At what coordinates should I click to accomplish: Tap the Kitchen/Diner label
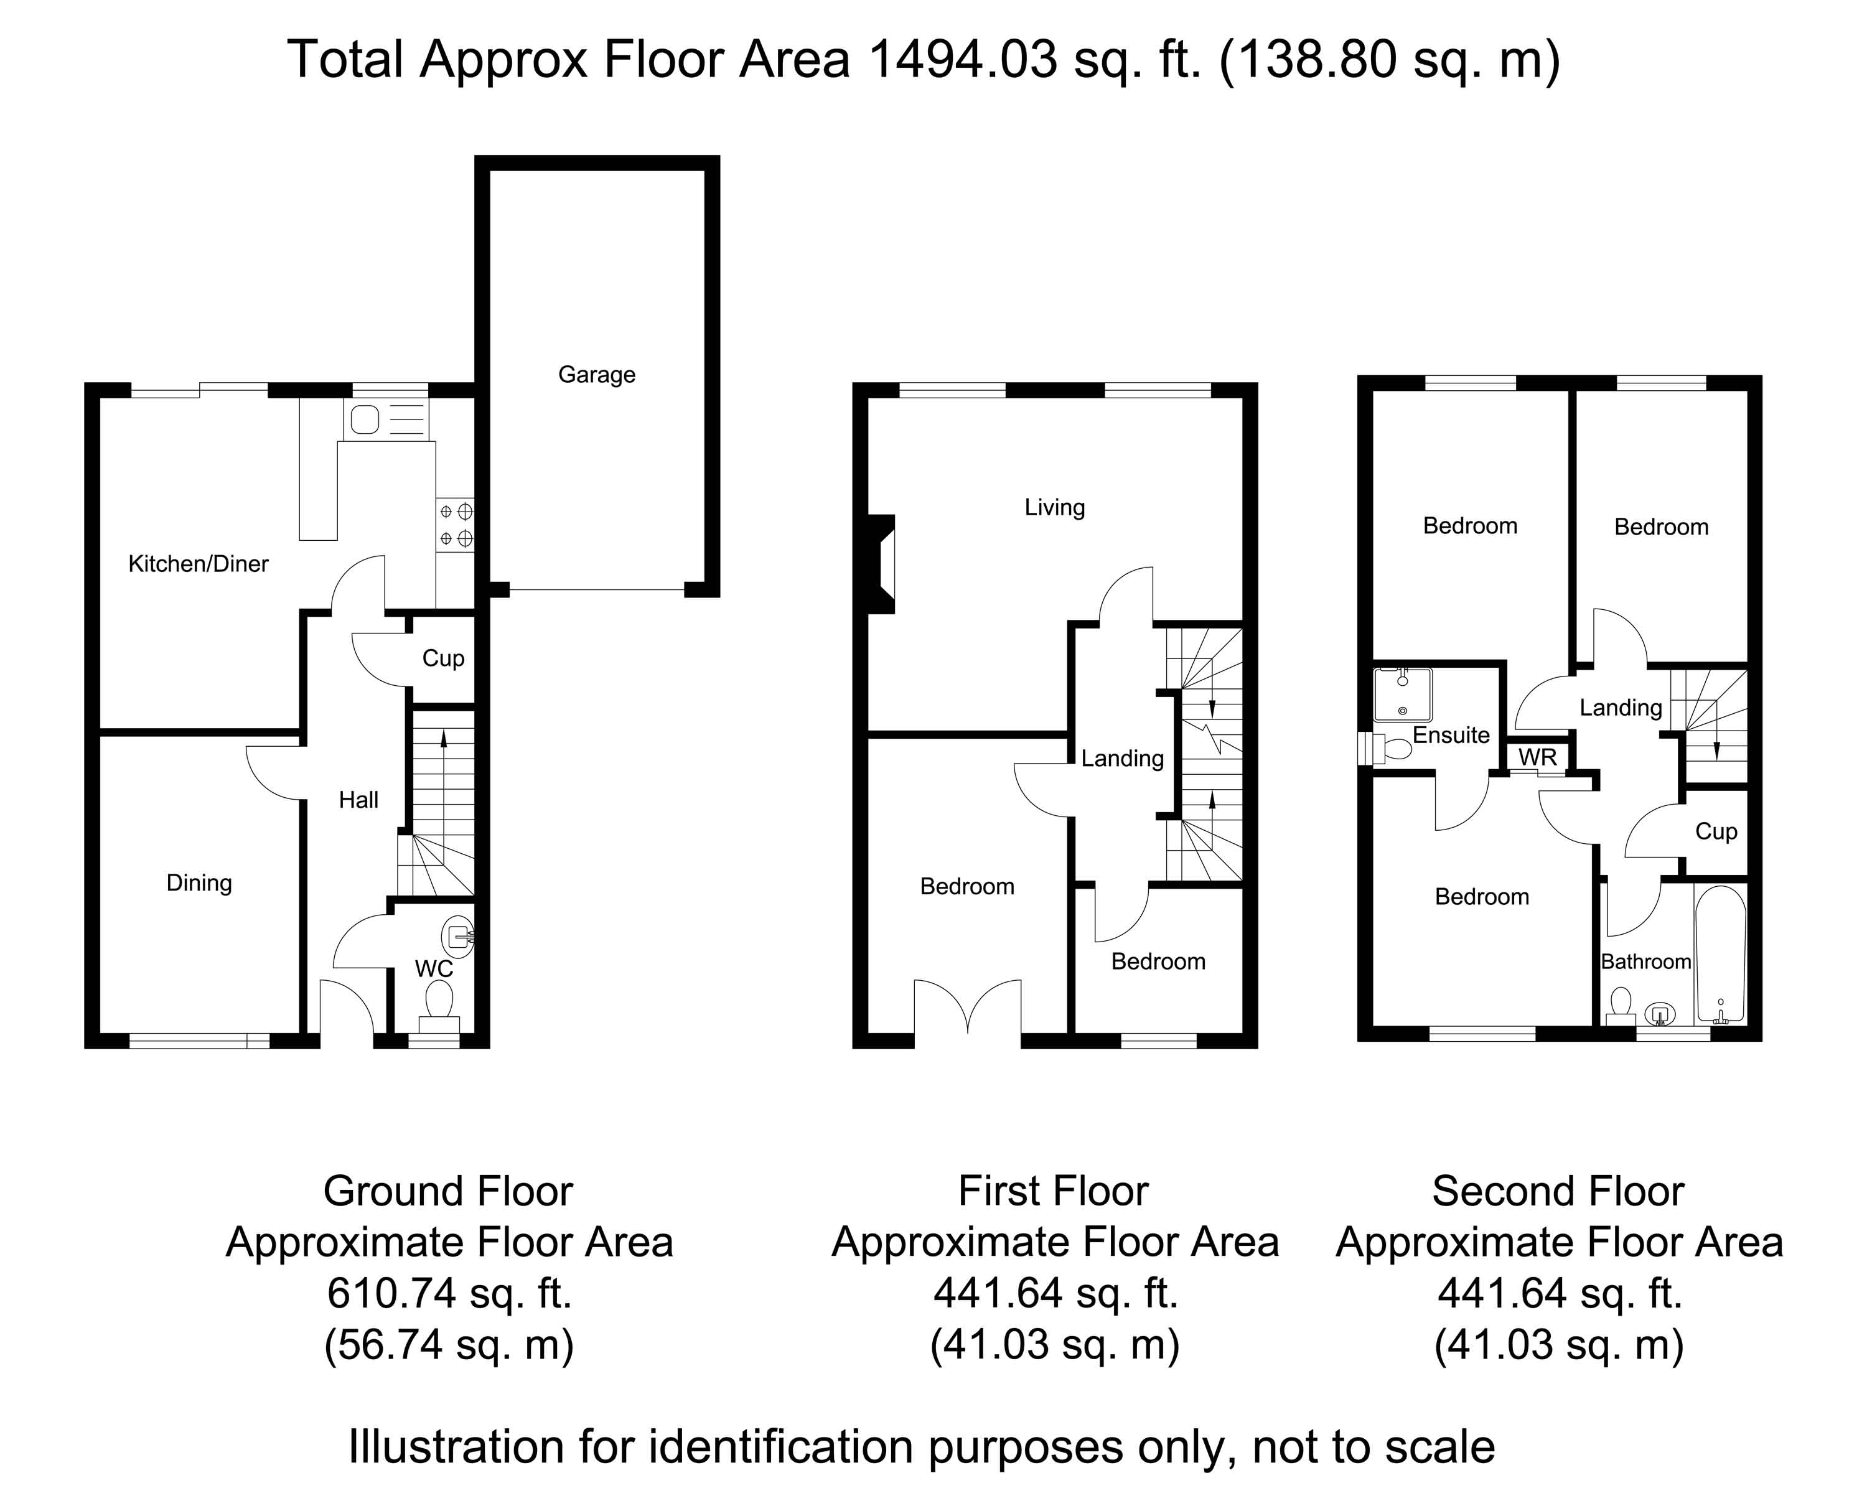coord(199,563)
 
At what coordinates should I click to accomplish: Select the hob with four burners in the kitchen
coord(455,525)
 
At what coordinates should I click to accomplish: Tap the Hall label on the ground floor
coord(358,800)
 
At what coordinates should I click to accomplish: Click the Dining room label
coord(199,884)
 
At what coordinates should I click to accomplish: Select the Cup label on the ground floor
coord(443,658)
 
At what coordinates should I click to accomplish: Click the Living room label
coord(1054,507)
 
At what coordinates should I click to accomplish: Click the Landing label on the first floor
coord(1122,758)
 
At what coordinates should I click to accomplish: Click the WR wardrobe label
coord(1537,757)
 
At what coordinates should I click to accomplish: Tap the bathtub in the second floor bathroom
coord(1720,954)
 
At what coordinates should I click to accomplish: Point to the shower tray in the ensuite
coord(1402,694)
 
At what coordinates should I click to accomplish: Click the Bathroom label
coord(1646,961)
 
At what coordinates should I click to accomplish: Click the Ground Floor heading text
coord(448,1192)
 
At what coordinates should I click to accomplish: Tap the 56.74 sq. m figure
coord(449,1345)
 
